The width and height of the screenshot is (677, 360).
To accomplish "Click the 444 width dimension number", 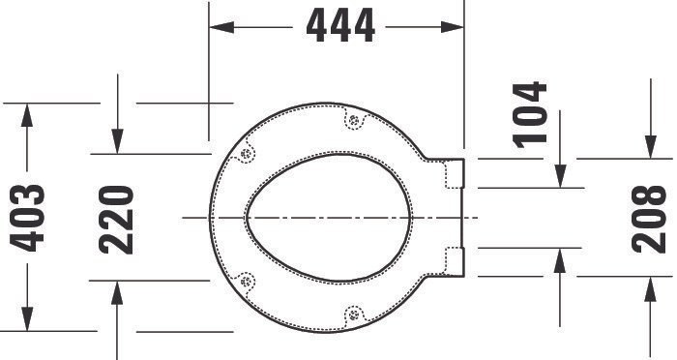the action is [x=340, y=26].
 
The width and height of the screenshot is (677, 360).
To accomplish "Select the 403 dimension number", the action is [x=27, y=219].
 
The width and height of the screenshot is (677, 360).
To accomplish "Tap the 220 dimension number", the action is [x=116, y=220].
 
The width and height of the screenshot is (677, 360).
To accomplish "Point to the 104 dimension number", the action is [x=530, y=115].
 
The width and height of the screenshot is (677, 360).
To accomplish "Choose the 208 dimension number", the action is [x=649, y=219].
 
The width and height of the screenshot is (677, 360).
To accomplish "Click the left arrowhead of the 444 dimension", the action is [x=221, y=27].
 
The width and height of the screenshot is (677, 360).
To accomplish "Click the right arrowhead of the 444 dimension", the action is [x=452, y=27].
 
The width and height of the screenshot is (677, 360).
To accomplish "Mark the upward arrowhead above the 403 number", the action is [x=27, y=115].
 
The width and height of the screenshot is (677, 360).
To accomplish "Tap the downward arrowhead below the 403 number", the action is [x=27, y=319].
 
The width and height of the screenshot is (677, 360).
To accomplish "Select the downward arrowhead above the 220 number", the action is [x=117, y=141].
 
